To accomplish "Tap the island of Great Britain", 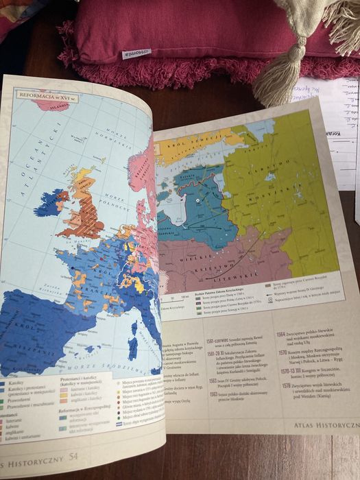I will coord(86,206).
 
